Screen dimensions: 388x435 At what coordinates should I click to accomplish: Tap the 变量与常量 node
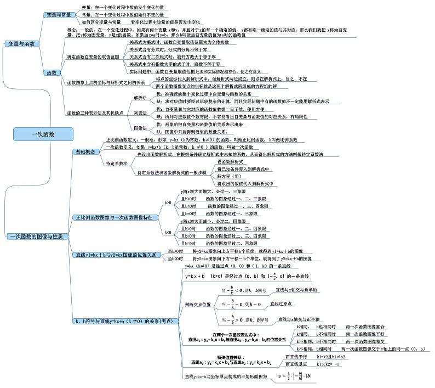point(59,15)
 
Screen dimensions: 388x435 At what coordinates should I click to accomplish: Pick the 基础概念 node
point(85,151)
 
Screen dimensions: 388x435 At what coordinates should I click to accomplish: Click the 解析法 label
point(140,98)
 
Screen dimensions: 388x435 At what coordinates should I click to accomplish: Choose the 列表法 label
point(140,113)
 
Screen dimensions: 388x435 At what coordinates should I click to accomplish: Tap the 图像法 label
point(140,128)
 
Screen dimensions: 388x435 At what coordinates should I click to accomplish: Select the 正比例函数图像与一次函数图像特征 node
point(113,218)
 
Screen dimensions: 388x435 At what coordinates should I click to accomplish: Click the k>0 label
point(168,203)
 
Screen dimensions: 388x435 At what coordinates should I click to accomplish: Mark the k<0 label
point(168,233)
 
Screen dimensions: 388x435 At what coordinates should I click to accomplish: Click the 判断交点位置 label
point(198,305)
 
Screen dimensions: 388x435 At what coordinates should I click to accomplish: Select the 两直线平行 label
point(296,357)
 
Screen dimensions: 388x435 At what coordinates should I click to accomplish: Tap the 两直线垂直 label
point(296,364)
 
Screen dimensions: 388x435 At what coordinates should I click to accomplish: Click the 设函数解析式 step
point(230,162)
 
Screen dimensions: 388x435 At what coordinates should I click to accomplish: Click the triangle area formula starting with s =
point(295,376)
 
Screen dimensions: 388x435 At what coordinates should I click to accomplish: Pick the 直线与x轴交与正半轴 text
point(299,319)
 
